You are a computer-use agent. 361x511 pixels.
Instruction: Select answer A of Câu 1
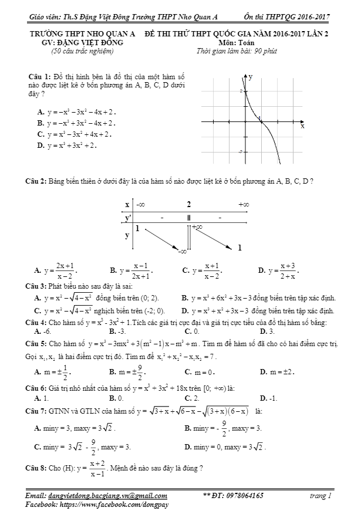click(77, 111)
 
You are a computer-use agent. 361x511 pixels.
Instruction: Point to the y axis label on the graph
click(251, 76)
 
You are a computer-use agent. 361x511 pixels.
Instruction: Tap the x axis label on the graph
click(302, 126)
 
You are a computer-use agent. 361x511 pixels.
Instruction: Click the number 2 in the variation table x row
click(188, 204)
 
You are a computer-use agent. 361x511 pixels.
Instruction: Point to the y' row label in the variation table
click(127, 218)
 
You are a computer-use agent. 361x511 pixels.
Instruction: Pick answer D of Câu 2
click(279, 270)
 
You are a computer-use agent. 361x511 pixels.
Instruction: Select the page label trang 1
click(320, 496)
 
